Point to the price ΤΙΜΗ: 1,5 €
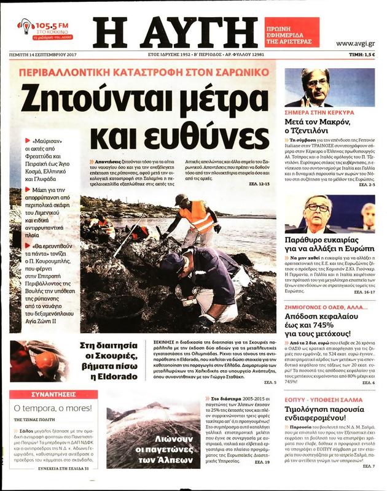coord(362,55)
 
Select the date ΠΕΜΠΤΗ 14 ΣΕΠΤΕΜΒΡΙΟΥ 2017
coord(41,55)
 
